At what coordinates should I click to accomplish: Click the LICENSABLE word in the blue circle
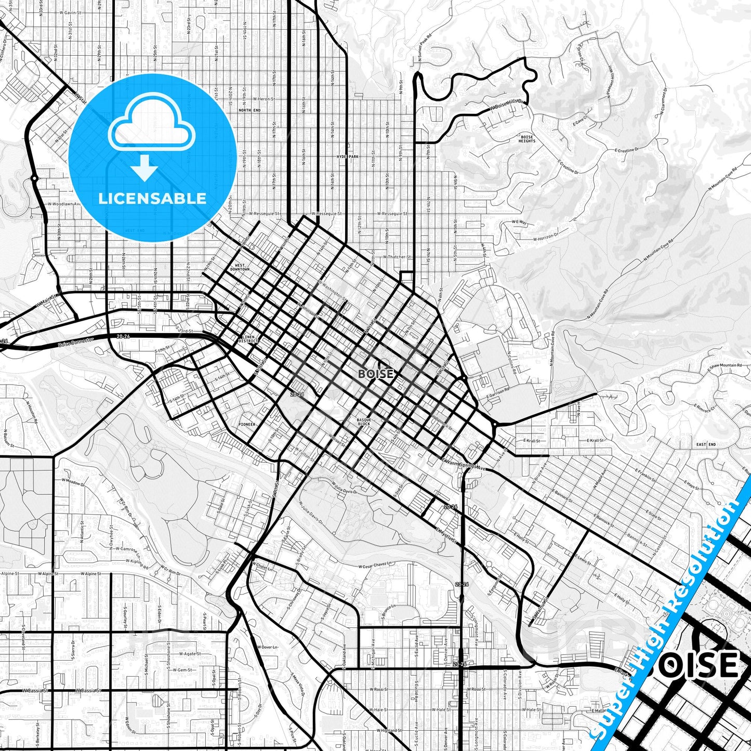click(152, 199)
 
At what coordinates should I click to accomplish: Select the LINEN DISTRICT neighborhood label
click(247, 339)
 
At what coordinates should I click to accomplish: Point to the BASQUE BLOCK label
click(364, 421)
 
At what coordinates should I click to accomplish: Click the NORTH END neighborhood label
click(248, 110)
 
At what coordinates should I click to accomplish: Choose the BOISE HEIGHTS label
click(526, 139)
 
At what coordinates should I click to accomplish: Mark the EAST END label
click(706, 444)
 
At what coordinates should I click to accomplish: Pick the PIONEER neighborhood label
click(247, 424)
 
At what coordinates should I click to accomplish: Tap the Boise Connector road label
click(76, 342)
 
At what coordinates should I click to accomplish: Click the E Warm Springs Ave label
click(464, 464)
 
